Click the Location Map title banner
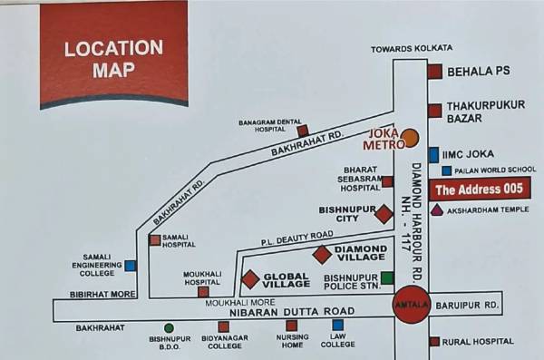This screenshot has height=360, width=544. click(x=113, y=56)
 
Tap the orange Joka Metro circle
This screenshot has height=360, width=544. click(x=410, y=138)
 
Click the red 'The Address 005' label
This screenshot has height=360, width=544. click(x=478, y=190)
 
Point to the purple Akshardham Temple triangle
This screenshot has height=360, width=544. click(x=437, y=210)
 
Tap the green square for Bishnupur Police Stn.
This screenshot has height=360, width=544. click(x=387, y=277)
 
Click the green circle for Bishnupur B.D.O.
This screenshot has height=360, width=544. click(x=169, y=327)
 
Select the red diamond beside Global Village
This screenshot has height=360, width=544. click(x=250, y=279)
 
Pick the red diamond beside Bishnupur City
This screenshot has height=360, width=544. click(x=384, y=214)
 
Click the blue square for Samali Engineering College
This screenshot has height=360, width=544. click(x=131, y=266)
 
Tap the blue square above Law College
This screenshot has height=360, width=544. click(x=337, y=325)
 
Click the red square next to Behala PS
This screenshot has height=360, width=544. click(x=435, y=72)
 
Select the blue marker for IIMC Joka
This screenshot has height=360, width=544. click(x=434, y=155)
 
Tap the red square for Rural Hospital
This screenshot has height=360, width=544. click(x=434, y=341)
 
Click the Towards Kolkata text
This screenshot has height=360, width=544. click(x=412, y=48)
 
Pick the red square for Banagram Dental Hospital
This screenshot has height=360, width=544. click(x=303, y=131)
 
